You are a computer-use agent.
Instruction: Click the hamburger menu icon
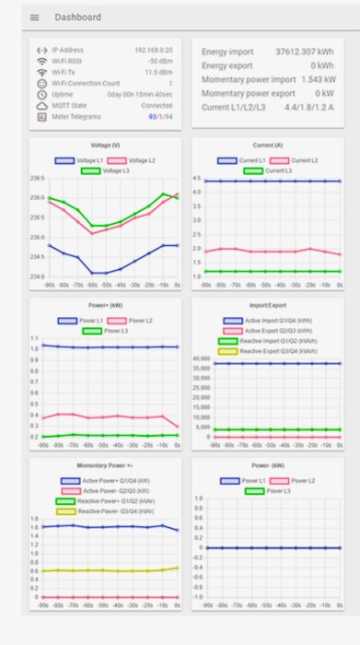[x=35, y=18]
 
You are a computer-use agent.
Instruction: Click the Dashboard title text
[x=77, y=18]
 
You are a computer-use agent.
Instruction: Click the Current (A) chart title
[x=266, y=146]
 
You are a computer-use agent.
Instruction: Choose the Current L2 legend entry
[x=296, y=160]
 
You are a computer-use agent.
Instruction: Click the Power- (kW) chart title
[x=266, y=465]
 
